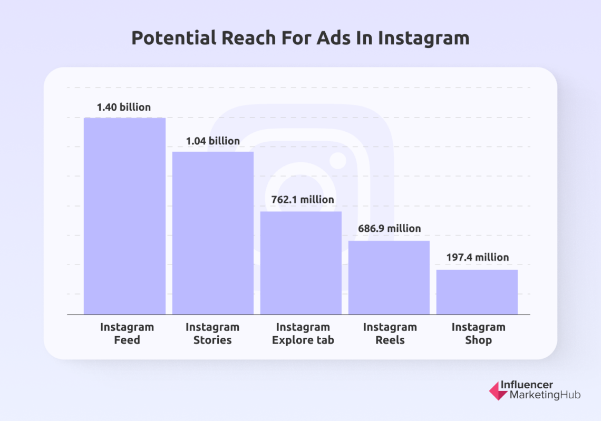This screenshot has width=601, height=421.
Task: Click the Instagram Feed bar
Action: [124, 216]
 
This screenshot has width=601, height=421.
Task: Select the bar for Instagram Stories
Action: [213, 232]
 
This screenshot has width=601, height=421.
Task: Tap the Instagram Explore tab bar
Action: [301, 262]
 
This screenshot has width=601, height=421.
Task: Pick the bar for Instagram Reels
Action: [389, 277]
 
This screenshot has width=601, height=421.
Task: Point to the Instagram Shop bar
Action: [477, 291]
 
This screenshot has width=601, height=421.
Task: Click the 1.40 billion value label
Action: [124, 107]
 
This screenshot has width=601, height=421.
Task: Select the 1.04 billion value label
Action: [212, 141]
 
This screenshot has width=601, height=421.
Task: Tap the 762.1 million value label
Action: [300, 200]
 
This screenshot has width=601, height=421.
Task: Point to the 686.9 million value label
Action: [389, 229]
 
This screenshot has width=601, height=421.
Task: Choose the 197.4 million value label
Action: [477, 258]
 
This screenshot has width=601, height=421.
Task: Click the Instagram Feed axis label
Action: [127, 334]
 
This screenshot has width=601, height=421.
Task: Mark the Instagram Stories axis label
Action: [212, 334]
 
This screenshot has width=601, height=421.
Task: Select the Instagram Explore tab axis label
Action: [303, 334]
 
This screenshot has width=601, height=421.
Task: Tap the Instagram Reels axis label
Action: [390, 334]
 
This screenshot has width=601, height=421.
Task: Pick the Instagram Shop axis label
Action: [478, 334]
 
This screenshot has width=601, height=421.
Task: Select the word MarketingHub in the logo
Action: [545, 396]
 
